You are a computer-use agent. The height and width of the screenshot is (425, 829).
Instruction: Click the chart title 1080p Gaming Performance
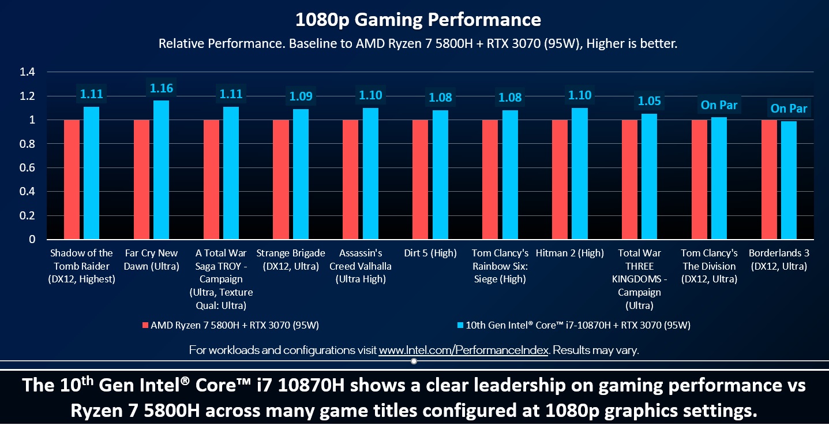coord(418,20)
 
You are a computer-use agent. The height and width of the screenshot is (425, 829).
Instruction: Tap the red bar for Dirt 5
coord(420,180)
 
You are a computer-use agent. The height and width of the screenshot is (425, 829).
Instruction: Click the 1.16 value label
coord(161,88)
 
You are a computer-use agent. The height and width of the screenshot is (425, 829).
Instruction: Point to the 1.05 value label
coord(649,102)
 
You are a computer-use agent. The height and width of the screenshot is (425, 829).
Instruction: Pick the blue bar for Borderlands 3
coord(789,180)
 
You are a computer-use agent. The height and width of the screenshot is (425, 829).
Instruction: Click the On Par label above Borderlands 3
coord(789,109)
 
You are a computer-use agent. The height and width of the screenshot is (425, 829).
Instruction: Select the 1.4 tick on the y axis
coord(28,72)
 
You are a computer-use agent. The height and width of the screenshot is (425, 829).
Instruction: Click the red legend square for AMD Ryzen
coord(145,326)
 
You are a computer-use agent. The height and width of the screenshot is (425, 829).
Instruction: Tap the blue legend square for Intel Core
coord(460,326)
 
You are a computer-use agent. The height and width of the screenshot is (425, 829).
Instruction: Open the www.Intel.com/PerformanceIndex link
coord(463,351)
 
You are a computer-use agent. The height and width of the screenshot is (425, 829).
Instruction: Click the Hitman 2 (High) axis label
coord(569,253)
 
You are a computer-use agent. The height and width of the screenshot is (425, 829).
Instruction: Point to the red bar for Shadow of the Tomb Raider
coord(72,180)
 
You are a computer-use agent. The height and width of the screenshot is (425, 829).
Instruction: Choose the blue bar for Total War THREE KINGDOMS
coord(649,177)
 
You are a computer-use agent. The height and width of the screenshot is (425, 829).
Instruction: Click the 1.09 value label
coord(301,97)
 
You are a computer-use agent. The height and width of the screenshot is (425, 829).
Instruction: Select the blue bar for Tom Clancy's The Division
coord(719,178)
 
